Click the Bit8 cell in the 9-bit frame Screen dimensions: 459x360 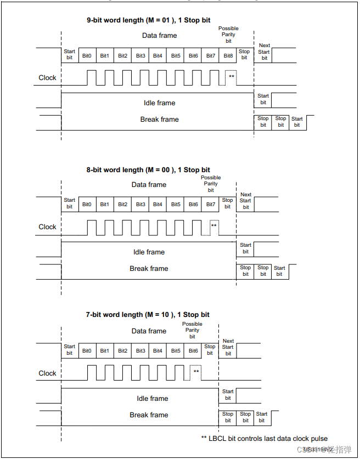click(228, 56)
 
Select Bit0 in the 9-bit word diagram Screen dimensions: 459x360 click(87, 56)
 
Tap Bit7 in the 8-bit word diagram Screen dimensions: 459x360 click(211, 205)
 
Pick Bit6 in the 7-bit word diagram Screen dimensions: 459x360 click(193, 351)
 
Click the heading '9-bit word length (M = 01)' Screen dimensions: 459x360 click(148, 20)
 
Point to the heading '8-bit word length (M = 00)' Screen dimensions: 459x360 click(148, 170)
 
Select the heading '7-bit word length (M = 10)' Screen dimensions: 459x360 click(148, 315)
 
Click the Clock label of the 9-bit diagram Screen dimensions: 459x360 click(47, 78)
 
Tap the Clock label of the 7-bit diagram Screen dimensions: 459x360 click(47, 373)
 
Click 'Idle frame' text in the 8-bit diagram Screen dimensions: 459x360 click(149, 252)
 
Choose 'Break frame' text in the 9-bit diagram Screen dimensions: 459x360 click(159, 120)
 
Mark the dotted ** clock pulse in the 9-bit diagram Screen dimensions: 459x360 click(231, 77)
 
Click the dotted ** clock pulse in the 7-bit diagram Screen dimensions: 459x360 click(196, 372)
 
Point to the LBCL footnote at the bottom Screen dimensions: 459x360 click(264, 438)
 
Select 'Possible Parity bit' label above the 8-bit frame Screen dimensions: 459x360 click(211, 184)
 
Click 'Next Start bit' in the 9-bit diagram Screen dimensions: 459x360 click(264, 52)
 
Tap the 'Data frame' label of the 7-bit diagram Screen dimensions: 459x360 click(149, 331)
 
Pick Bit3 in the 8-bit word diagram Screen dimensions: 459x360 click(140, 205)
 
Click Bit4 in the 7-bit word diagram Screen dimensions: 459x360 click(157, 351)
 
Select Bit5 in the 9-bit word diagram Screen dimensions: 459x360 click(176, 56)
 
